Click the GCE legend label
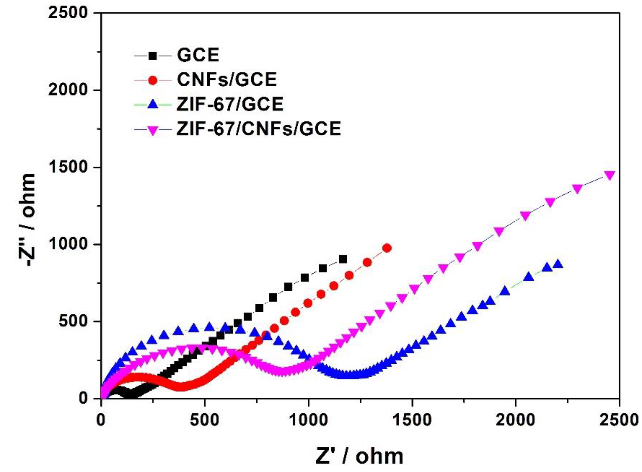(198, 55)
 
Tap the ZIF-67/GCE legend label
(230, 104)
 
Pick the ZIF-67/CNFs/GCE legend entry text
(259, 129)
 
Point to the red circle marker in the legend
(153, 80)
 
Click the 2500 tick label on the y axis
(67, 13)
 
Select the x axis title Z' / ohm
(359, 457)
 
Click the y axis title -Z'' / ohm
(28, 220)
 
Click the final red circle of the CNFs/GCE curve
(387, 248)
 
